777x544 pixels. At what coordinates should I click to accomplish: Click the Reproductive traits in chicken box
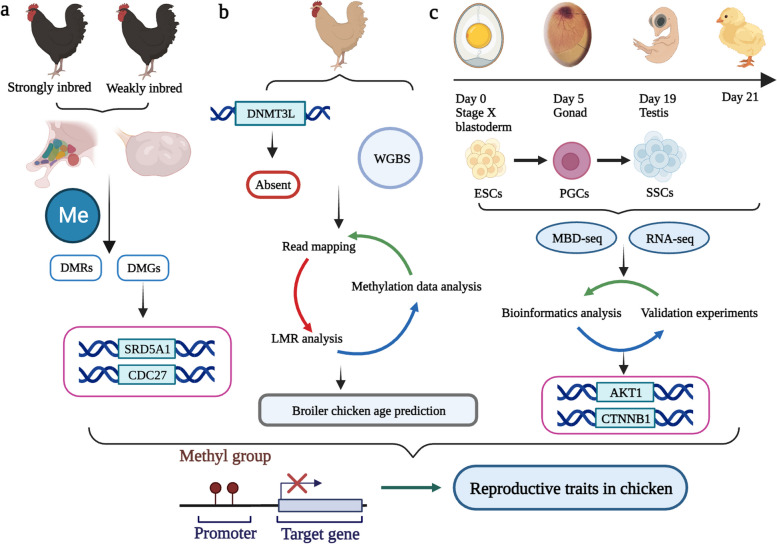point(593,492)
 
